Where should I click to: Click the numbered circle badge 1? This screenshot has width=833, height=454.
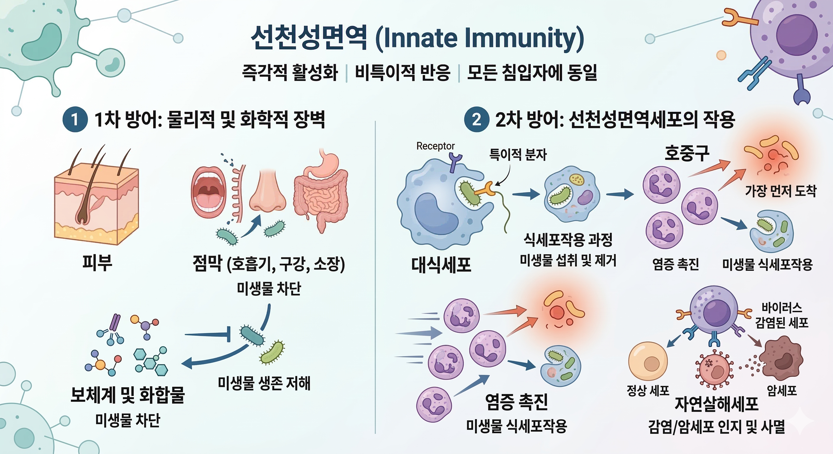pyautogui.click(x=75, y=119)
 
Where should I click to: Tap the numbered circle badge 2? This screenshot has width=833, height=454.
pyautogui.click(x=476, y=119)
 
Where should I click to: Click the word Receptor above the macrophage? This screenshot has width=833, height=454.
pyautogui.click(x=435, y=146)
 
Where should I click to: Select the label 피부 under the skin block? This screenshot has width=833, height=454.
pyautogui.click(x=97, y=262)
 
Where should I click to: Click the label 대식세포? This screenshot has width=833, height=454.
pyautogui.click(x=441, y=265)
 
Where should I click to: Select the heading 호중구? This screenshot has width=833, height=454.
pyautogui.click(x=687, y=153)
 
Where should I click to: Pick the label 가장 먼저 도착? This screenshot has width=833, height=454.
pyautogui.click(x=781, y=191)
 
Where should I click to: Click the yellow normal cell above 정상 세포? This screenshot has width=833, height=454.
pyautogui.click(x=648, y=361)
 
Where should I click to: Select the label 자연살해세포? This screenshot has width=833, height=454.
pyautogui.click(x=716, y=404)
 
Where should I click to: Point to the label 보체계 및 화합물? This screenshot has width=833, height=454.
pyautogui.click(x=127, y=395)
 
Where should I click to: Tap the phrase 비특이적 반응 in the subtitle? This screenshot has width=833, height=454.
pyautogui.click(x=403, y=72)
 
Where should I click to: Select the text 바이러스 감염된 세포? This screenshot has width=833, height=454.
pyautogui.click(x=781, y=315)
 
